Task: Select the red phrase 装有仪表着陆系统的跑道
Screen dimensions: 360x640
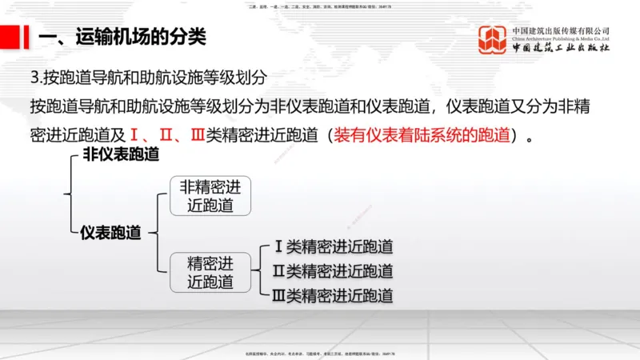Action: [x=422, y=134]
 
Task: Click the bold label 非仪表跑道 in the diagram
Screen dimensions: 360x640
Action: [x=121, y=154]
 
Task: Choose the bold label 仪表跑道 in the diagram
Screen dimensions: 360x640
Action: [x=110, y=233]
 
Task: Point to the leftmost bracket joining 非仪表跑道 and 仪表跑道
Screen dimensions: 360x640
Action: [x=69, y=193]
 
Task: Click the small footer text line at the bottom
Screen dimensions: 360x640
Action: [x=320, y=354]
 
